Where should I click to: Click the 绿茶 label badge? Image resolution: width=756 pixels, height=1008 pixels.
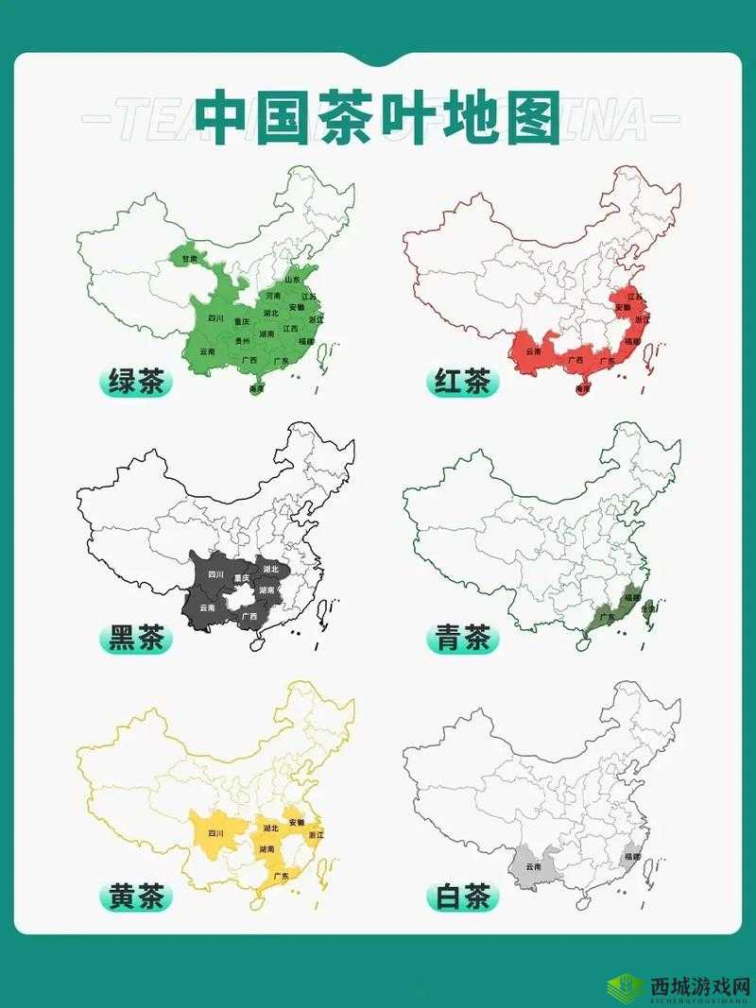coord(135,383)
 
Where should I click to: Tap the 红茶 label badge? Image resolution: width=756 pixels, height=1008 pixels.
coord(462,383)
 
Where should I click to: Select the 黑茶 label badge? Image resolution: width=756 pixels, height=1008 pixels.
coord(135,640)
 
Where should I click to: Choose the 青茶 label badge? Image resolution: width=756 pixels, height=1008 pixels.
coord(462,640)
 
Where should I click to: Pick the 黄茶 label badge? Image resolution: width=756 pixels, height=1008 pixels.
coord(135,896)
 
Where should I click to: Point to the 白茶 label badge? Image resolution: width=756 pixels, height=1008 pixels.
coord(462,896)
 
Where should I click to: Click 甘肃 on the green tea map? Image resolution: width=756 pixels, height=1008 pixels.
coord(190,259)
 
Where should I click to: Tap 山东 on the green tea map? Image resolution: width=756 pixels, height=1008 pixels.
coord(292,280)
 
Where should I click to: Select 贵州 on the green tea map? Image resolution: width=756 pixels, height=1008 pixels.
coord(243,341)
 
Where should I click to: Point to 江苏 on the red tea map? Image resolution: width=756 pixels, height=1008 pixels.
coord(635,296)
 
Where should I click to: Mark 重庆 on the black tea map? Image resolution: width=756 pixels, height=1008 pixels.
coord(242,578)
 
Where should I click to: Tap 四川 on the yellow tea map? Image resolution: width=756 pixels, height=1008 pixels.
coord(215,833)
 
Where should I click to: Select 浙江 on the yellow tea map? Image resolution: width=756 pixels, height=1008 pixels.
coord(315,835)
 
